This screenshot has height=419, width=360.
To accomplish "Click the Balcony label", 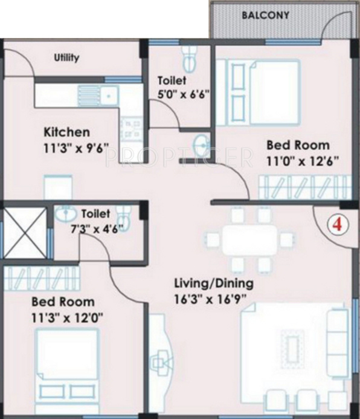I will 265,15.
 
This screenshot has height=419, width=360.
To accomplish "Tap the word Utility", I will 66,58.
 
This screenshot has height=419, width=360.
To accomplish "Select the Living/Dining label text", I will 213,283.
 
